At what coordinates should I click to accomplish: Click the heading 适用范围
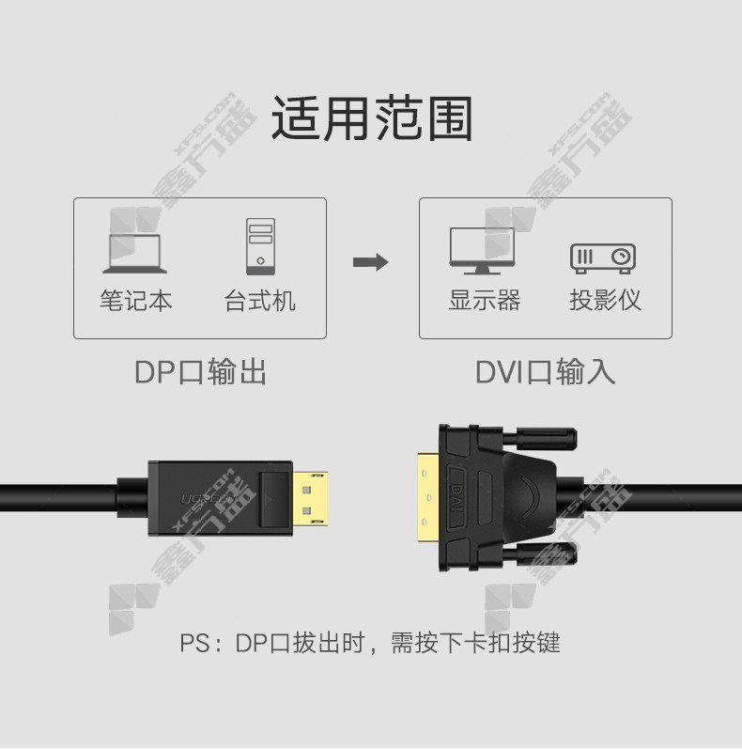372,118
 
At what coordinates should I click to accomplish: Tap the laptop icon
134,254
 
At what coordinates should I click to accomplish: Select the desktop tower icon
260,246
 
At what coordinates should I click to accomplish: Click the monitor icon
482,251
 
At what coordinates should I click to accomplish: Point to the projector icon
603,258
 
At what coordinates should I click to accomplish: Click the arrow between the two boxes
370,262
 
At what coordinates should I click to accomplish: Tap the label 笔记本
135,301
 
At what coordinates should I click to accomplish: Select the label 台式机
260,301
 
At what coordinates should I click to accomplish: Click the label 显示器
484,300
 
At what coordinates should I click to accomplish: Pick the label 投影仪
605,300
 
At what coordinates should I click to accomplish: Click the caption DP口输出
201,371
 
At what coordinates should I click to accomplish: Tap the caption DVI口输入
546,371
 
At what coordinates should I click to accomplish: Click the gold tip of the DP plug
310,499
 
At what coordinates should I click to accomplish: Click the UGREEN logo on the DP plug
209,499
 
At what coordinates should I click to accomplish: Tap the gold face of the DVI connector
428,498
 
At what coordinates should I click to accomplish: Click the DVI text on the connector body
457,498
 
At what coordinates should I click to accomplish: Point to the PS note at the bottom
369,643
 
